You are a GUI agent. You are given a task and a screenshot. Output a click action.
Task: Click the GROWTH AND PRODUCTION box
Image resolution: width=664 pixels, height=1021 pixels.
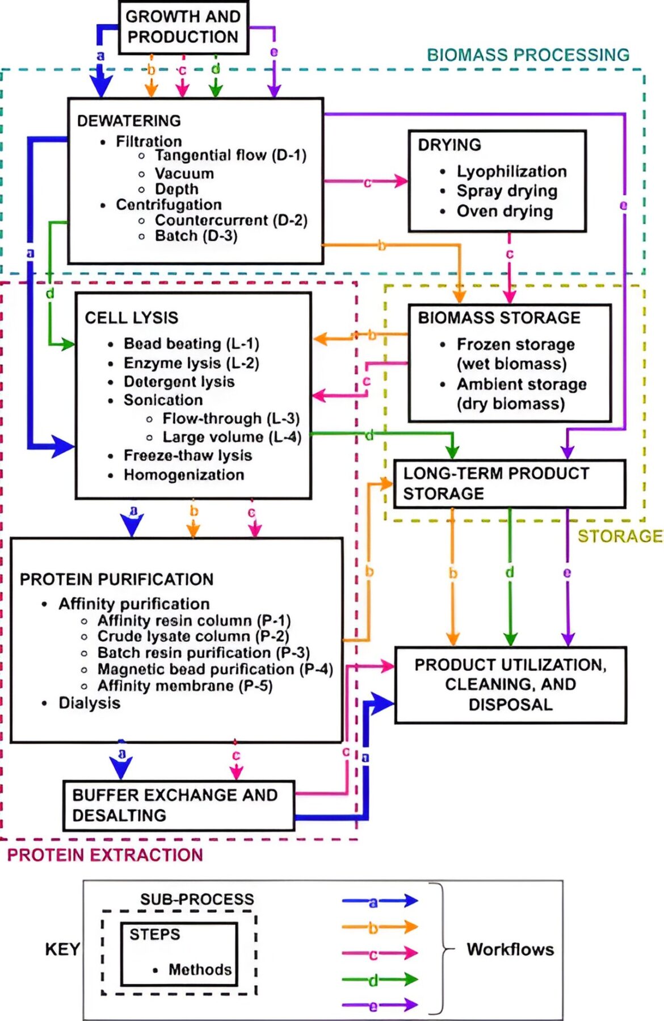(x=183, y=27)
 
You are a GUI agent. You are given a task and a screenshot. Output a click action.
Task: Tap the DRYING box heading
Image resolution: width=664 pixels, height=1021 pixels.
(x=449, y=145)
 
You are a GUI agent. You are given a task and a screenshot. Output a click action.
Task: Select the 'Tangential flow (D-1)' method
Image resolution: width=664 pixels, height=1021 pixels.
(x=230, y=155)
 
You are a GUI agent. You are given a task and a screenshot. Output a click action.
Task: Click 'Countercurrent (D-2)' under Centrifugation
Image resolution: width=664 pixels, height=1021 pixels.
(x=231, y=220)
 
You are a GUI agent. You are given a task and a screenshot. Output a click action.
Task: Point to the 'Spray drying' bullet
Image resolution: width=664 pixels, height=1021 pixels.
(x=507, y=191)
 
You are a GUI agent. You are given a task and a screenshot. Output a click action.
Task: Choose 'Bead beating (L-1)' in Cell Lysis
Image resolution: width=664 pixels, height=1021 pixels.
(x=191, y=344)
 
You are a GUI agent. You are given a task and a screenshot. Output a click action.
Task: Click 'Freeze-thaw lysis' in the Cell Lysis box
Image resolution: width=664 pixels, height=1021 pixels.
(x=188, y=455)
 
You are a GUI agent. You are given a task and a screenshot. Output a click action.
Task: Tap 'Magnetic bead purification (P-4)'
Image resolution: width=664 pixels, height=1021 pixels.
(x=215, y=669)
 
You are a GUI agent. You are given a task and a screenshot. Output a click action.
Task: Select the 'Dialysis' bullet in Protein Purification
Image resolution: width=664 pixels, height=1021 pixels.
(x=90, y=703)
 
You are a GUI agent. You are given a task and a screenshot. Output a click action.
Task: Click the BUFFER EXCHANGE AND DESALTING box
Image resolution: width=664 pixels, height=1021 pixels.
(x=179, y=805)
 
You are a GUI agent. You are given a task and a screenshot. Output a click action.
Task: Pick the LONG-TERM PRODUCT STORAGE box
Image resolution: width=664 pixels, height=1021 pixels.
(x=510, y=483)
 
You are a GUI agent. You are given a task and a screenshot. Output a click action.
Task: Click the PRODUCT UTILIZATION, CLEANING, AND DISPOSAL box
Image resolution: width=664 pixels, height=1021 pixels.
(x=511, y=685)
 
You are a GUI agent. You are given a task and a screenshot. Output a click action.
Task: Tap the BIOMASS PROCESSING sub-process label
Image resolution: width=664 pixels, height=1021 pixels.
(x=528, y=55)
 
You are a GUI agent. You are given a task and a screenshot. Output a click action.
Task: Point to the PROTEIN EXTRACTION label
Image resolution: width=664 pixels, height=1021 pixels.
(x=105, y=855)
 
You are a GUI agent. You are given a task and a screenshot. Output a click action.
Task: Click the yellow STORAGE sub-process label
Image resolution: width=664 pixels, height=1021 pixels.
(x=620, y=536)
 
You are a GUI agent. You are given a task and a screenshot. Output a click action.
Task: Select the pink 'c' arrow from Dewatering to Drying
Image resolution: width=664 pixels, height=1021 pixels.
(x=366, y=182)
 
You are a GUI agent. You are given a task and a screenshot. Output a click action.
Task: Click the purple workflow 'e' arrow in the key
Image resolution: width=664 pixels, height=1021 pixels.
(x=380, y=1006)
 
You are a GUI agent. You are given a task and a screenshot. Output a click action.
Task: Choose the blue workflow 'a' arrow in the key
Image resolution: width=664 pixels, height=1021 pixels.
(x=380, y=900)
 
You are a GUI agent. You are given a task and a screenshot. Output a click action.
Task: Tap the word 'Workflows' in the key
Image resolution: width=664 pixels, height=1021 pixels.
(x=510, y=950)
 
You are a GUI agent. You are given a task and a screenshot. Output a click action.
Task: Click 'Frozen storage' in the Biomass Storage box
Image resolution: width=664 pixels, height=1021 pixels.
(x=516, y=344)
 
